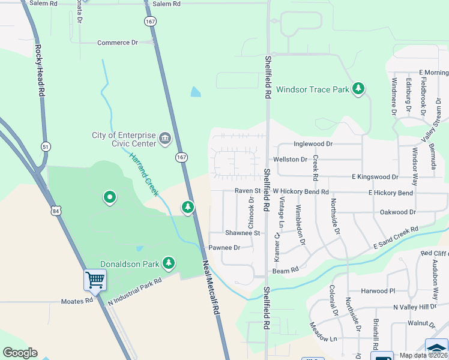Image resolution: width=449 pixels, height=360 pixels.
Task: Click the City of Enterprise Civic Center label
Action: (x=124, y=139)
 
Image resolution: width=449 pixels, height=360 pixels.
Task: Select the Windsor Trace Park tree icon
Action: (x=358, y=89)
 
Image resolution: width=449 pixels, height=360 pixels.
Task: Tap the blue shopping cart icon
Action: (x=95, y=279)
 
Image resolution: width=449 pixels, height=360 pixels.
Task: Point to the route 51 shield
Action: (x=46, y=146)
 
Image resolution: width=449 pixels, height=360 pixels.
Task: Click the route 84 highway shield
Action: (x=56, y=211)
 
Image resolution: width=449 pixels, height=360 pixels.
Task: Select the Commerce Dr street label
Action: (x=118, y=43)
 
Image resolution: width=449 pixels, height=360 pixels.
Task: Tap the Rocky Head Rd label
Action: (x=40, y=71)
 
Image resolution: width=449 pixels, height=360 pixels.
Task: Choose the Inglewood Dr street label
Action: (x=313, y=144)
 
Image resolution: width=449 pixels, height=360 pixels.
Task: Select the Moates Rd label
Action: (x=77, y=301)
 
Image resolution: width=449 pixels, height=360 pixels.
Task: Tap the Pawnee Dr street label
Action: (x=224, y=248)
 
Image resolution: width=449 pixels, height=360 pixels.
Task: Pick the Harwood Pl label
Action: (x=378, y=291)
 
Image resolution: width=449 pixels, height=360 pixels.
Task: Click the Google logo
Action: (x=20, y=353)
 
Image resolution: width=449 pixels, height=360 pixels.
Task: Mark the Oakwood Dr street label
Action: (x=398, y=212)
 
